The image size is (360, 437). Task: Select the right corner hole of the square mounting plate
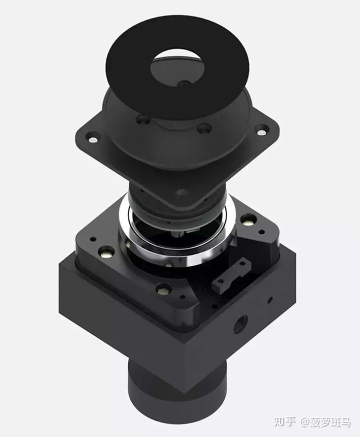261,129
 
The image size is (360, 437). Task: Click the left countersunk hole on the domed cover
142,119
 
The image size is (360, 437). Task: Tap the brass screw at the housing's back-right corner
247,219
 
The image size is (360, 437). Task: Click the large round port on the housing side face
240,324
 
